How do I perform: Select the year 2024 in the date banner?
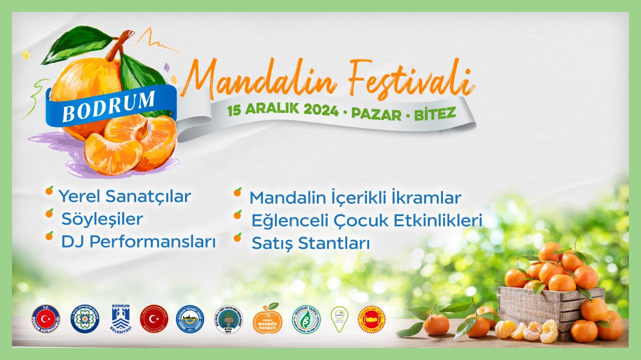(321, 110)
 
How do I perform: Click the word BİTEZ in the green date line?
(435, 114)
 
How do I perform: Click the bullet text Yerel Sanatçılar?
(125, 196)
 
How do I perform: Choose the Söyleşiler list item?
(102, 219)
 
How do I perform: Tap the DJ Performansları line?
(138, 242)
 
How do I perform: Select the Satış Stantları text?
(310, 243)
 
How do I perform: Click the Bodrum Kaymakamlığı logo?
(46, 319)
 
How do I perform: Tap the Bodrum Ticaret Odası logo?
(190, 319)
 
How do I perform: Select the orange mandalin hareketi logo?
(267, 320)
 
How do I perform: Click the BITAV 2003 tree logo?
(228, 320)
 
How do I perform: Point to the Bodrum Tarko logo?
(306, 319)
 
